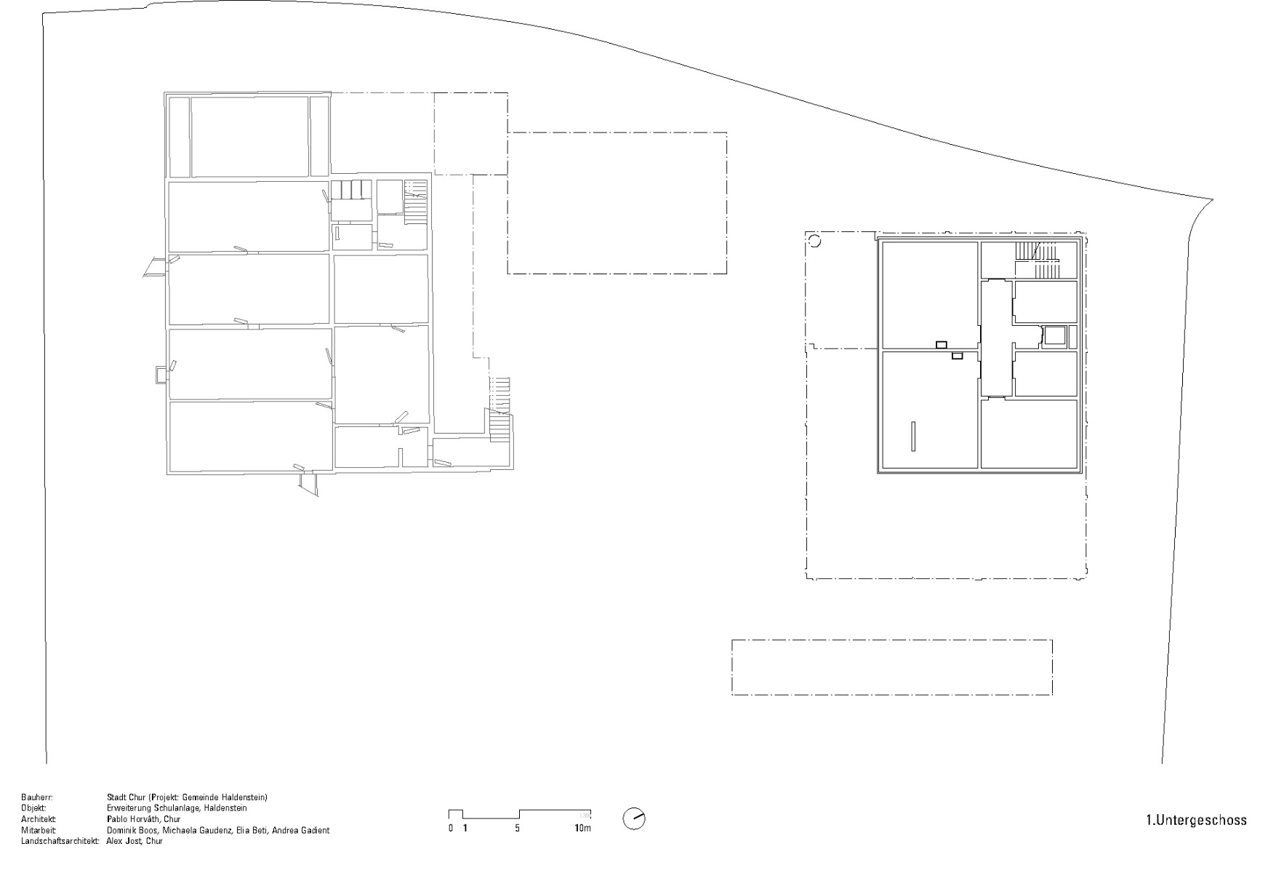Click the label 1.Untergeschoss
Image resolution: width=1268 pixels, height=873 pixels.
pos(1196,821)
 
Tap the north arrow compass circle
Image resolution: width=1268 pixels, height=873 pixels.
pos(634,819)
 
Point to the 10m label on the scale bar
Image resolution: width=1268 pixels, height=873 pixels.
pos(582,829)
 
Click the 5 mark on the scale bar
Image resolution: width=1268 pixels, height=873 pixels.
pos(518,829)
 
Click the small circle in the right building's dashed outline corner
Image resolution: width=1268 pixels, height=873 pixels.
pos(814,241)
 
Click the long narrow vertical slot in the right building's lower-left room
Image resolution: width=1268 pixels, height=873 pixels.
pos(913,436)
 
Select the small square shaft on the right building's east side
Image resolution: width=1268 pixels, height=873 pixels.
pos(1054,336)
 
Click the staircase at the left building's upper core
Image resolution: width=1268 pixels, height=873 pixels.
pos(415,200)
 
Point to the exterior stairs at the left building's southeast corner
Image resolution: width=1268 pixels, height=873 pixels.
pos(499,407)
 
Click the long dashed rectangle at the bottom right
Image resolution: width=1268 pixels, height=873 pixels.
pos(891,667)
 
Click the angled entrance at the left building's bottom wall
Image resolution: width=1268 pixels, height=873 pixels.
pos(309,484)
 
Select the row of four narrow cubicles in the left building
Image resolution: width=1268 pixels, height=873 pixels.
pos(351,189)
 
